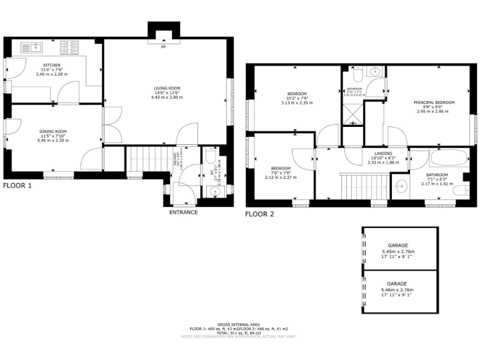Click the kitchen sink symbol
pos(31,47)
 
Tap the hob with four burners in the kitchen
pos(69,47)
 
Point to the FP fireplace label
pos(164,47)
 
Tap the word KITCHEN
pos(52,65)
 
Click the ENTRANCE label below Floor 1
pos(183,212)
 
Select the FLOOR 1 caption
pos(17,186)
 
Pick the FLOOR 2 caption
pos(259,214)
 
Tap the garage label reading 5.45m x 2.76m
pos(397,250)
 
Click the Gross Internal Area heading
pos(239,324)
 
